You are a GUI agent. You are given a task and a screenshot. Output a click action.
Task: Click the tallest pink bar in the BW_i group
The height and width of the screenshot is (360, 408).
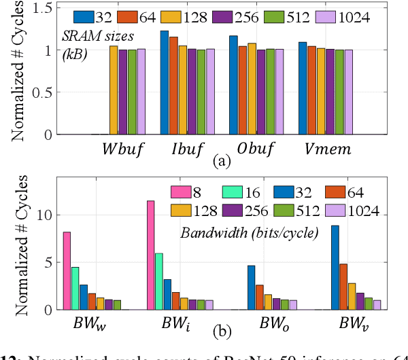tap(150, 255)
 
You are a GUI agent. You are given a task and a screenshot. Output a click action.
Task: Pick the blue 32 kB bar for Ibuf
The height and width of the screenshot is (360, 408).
tap(165, 83)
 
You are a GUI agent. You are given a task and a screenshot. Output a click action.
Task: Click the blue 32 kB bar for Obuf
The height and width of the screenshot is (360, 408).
tap(233, 86)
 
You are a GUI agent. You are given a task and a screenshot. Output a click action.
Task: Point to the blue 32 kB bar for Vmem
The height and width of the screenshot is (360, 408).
tap(303, 88)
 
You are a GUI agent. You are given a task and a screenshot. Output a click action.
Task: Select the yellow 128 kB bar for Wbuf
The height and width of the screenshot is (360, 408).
tap(114, 90)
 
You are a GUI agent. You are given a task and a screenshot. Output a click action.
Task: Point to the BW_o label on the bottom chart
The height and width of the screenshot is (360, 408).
tap(259, 323)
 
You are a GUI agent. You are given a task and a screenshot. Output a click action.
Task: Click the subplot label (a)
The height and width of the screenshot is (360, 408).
tap(223, 162)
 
